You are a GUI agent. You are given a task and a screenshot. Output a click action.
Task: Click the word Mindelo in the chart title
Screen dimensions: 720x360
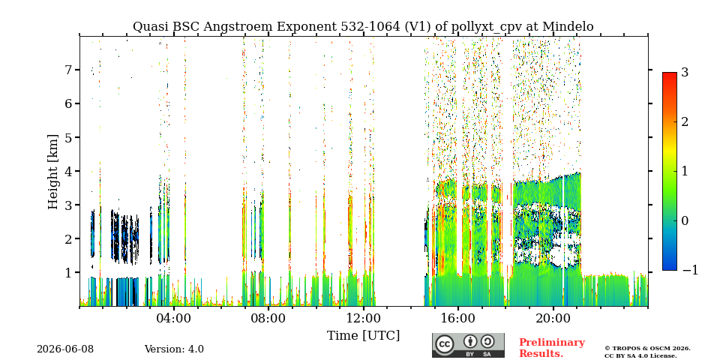pyautogui.click(x=568, y=27)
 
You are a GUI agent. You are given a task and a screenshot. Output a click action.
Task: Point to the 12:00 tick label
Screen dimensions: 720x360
pyautogui.click(x=363, y=318)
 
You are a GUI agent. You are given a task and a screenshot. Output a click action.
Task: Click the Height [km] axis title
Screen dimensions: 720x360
pyautogui.click(x=53, y=172)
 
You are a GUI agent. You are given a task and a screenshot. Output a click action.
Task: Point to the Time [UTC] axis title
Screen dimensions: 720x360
pyautogui.click(x=363, y=335)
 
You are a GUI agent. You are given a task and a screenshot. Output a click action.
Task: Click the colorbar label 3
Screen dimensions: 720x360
pyautogui.click(x=685, y=72)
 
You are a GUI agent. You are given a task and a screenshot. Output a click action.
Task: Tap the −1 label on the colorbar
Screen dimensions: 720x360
pyautogui.click(x=690, y=271)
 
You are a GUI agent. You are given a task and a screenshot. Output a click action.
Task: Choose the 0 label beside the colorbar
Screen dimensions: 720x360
pyautogui.click(x=685, y=220)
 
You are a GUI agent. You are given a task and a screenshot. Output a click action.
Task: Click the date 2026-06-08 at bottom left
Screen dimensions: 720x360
pyautogui.click(x=65, y=349)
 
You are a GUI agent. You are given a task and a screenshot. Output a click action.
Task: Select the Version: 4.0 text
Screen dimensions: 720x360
pyautogui.click(x=174, y=349)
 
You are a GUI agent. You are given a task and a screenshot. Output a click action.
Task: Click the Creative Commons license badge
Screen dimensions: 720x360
pyautogui.click(x=468, y=345)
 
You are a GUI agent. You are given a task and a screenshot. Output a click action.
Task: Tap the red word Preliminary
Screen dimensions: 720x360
pyautogui.click(x=552, y=343)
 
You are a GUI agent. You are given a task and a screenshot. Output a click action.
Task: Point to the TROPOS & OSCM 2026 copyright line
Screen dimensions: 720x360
pyautogui.click(x=647, y=349)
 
